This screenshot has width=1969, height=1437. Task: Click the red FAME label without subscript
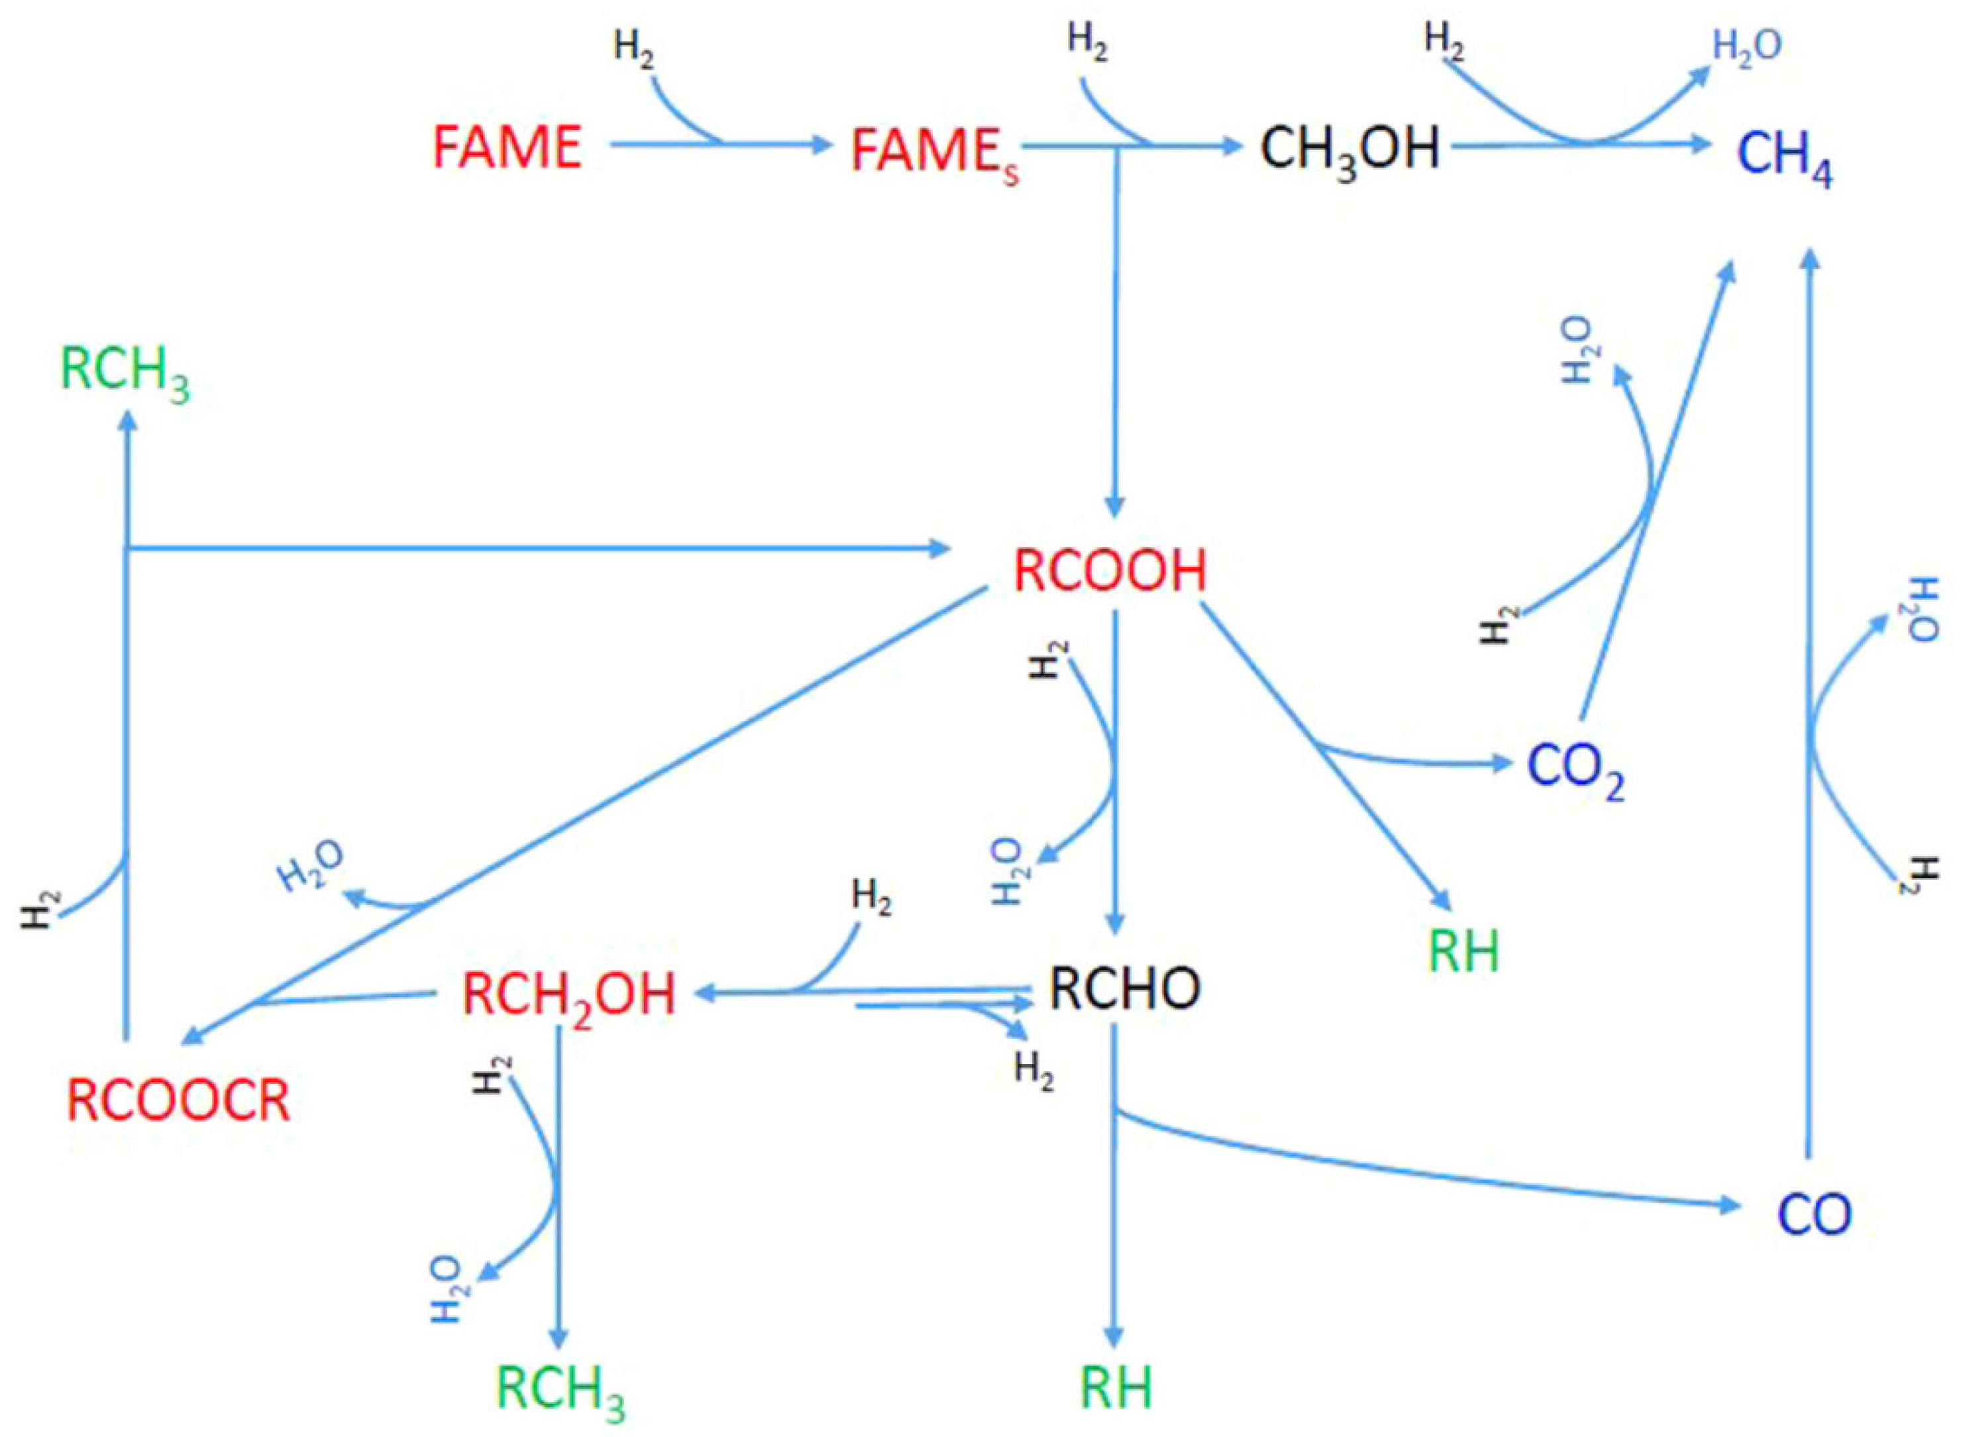click(507, 147)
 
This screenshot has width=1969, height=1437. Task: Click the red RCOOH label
click(1110, 572)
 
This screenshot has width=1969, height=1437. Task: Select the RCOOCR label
click(178, 1100)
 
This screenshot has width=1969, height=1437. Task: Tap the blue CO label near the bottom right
click(1814, 1214)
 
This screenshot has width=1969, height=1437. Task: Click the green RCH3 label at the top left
click(125, 374)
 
